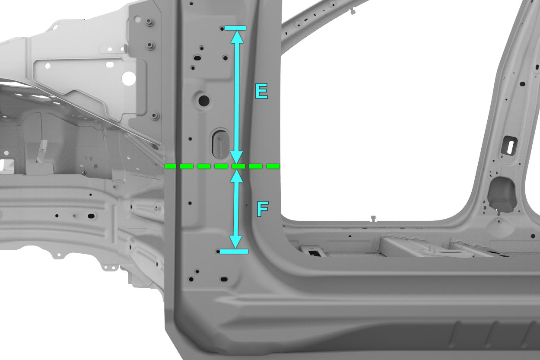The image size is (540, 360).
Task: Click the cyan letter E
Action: point(261,91)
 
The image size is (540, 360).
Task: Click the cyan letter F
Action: point(263,209)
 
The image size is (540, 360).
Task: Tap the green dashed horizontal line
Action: point(222,166)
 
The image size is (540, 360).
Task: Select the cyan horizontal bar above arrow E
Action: point(235,28)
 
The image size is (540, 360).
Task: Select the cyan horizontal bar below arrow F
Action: point(234,252)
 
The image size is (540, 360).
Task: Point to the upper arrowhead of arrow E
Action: point(237,37)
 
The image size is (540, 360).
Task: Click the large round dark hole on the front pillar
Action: point(204,100)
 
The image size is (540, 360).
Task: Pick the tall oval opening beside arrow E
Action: point(220,144)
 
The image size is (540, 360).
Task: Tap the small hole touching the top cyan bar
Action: point(222,29)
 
